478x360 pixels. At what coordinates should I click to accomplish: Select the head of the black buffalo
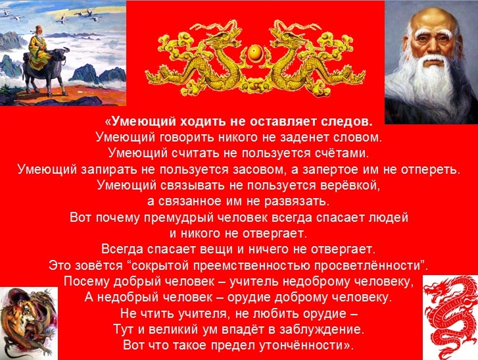59,56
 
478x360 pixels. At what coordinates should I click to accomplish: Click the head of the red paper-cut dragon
435,290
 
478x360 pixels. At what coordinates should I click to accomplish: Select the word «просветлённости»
370,265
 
